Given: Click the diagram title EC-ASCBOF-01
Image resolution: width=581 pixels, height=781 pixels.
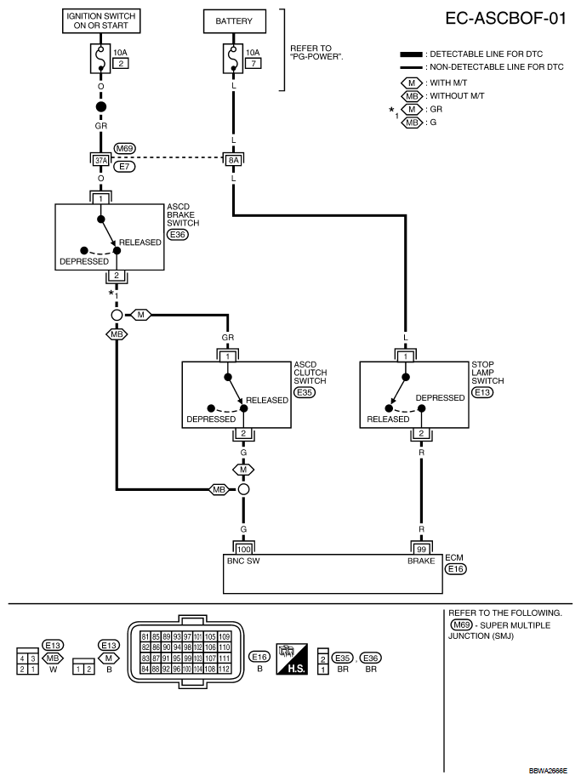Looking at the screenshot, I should pyautogui.click(x=505, y=19).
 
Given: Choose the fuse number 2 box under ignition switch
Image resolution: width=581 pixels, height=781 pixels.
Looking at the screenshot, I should pyautogui.click(x=121, y=65).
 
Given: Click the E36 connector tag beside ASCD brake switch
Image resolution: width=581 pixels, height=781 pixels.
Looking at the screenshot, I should pyautogui.click(x=177, y=234).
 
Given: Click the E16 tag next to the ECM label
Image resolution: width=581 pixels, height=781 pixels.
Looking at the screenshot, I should pyautogui.click(x=456, y=568).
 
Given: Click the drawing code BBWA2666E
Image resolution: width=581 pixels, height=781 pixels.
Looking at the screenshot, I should pyautogui.click(x=549, y=771).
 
